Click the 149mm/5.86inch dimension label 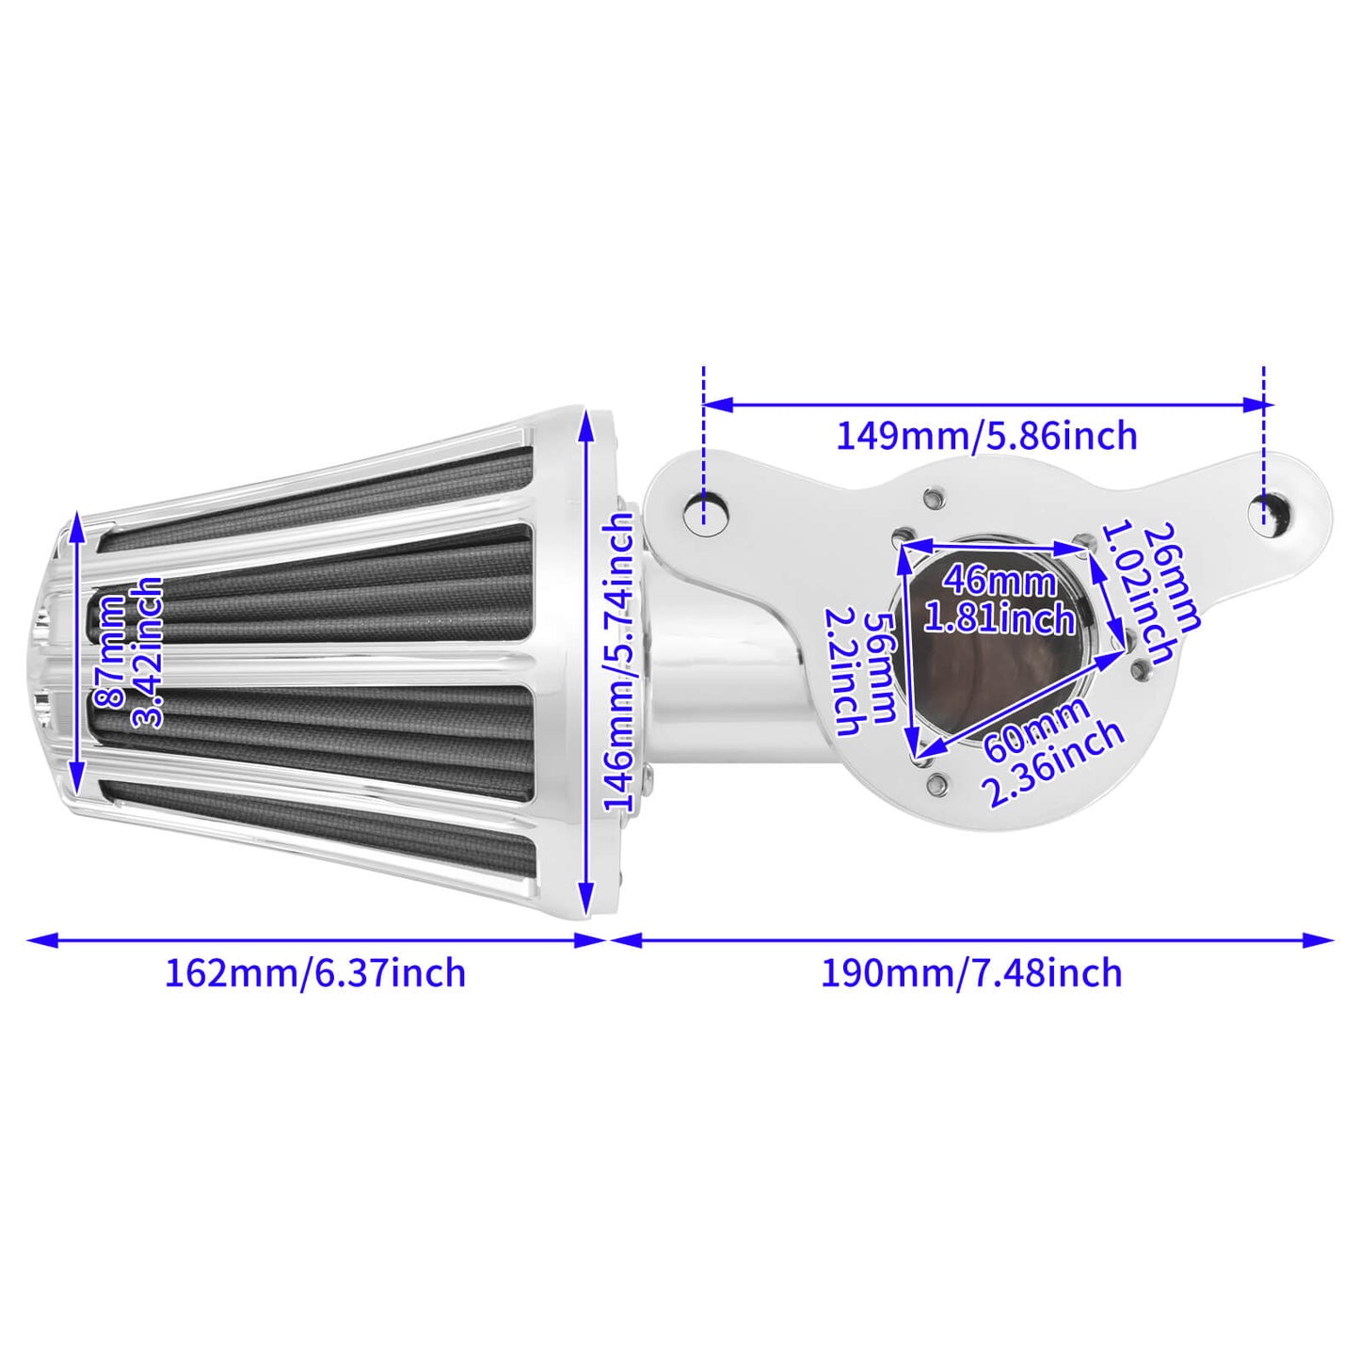[986, 437]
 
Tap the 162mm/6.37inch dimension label [315, 972]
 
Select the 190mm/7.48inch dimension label [971, 972]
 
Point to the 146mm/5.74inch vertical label [618, 663]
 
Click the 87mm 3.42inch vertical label [129, 653]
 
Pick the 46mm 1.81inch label [999, 600]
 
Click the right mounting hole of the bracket [1265, 511]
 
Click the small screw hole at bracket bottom [936, 782]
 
